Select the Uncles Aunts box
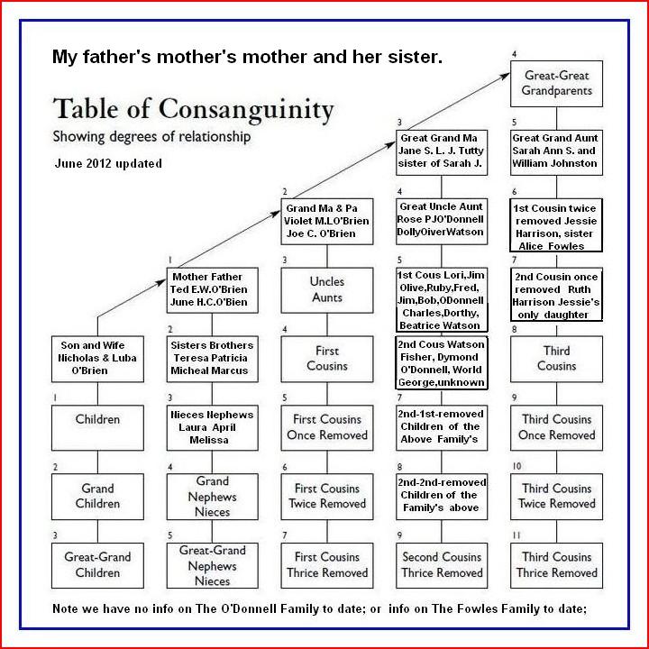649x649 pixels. pos(326,289)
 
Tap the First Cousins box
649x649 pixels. pos(326,358)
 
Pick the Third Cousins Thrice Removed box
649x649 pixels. pos(556,564)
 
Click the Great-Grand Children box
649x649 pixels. pos(97,564)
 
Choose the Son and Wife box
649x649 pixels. pos(97,358)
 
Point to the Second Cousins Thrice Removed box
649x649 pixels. pos(441,564)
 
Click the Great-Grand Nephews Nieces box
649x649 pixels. pos(212,564)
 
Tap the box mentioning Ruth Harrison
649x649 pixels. pos(556,294)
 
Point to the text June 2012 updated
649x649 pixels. pos(108,164)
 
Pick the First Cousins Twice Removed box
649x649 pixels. pos(326,496)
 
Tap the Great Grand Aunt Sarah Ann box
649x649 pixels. pos(556,151)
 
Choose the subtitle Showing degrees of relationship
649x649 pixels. pos(151,138)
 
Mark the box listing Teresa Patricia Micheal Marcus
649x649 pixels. pos(212,358)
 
